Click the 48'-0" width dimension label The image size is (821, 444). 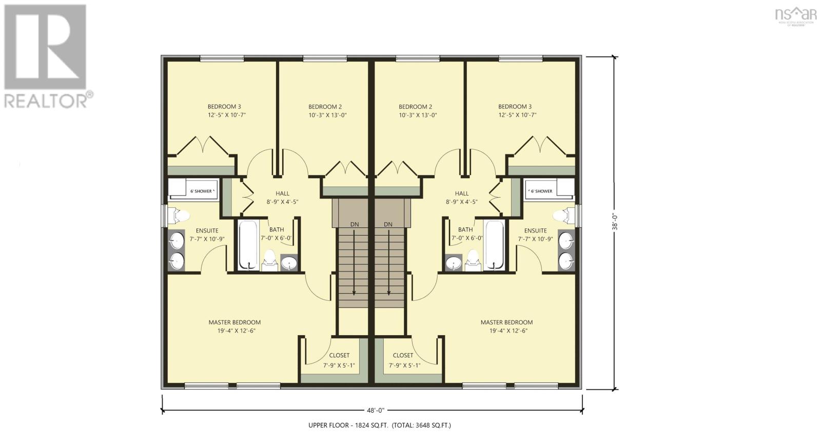pos(376,410)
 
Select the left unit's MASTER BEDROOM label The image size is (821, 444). pos(234,322)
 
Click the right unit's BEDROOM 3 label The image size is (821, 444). pos(515,107)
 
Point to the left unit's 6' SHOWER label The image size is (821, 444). pos(201,191)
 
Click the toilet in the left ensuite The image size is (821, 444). pos(178,215)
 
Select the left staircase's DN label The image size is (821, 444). pos(355,224)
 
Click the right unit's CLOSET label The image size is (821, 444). pos(403,355)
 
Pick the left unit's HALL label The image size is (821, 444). pos(282,194)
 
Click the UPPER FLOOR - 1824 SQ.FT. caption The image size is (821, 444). pos(379,425)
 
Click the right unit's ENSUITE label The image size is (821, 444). pos(535,230)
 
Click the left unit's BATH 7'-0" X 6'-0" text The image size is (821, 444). pos(276,234)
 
